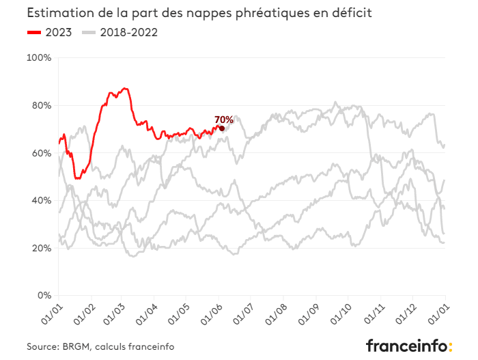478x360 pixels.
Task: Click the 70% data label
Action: [x=224, y=120]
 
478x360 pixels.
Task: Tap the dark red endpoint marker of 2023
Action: [x=222, y=128]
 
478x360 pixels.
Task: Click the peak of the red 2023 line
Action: [x=124, y=88]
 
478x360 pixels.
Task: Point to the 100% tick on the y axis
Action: [x=39, y=58]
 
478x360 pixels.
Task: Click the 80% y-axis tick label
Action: [x=41, y=106]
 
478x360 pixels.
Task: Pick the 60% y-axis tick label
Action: [x=41, y=153]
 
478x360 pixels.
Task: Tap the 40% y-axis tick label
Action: [x=41, y=201]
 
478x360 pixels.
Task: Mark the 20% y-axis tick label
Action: [x=41, y=248]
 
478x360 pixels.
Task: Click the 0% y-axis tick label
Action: [x=44, y=296]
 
